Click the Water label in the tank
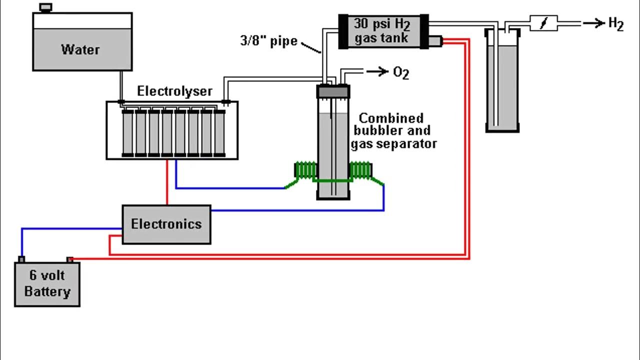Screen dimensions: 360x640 click(x=80, y=49)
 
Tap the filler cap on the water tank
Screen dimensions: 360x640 click(x=45, y=7)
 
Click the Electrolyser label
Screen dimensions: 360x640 click(x=174, y=91)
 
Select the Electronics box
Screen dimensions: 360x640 click(x=166, y=224)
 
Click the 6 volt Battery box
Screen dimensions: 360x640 click(x=47, y=283)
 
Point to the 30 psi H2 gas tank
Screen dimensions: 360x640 click(x=383, y=31)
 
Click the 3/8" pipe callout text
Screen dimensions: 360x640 click(x=268, y=40)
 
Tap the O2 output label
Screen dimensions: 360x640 click(x=401, y=73)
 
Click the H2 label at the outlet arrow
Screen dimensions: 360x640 click(x=615, y=23)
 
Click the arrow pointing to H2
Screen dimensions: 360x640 click(x=593, y=23)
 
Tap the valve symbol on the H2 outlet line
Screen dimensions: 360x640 click(x=543, y=23)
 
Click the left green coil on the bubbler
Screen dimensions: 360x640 click(x=305, y=170)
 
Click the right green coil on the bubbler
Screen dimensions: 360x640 click(x=361, y=170)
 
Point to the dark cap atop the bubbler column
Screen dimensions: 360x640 click(x=333, y=91)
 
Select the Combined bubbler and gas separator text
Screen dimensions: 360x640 click(x=393, y=131)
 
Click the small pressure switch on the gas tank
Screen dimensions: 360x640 click(x=435, y=41)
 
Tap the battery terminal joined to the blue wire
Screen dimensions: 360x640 click(x=21, y=259)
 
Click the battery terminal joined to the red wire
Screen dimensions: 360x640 click(x=70, y=259)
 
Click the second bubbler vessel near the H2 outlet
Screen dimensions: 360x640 click(x=502, y=85)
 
